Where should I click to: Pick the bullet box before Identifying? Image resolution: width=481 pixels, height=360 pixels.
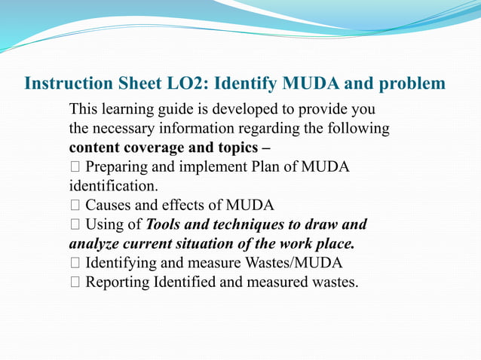(x=74, y=264)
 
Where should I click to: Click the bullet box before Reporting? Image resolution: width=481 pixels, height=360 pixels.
(x=74, y=282)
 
